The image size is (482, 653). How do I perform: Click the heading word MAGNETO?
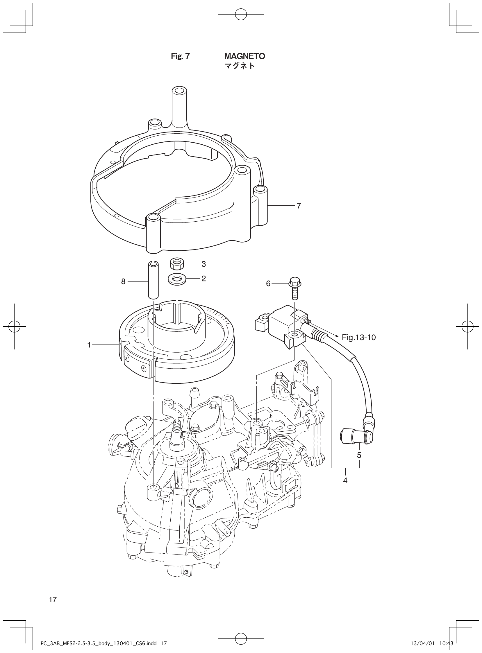pyautogui.click(x=244, y=56)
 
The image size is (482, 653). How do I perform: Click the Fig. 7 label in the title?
pyautogui.click(x=180, y=56)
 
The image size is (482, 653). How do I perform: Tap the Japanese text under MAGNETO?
pyautogui.click(x=240, y=66)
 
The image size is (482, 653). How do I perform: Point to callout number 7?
pyautogui.click(x=299, y=206)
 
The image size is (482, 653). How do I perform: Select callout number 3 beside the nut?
pyautogui.click(x=204, y=264)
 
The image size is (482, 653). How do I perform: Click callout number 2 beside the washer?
pyautogui.click(x=204, y=279)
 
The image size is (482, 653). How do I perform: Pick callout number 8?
pyautogui.click(x=124, y=281)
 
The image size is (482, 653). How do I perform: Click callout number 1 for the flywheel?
pyautogui.click(x=89, y=345)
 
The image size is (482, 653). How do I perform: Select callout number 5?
pyautogui.click(x=359, y=455)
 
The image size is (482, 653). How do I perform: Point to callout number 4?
pyautogui.click(x=345, y=481)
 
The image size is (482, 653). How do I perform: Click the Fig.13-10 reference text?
pyautogui.click(x=358, y=338)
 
